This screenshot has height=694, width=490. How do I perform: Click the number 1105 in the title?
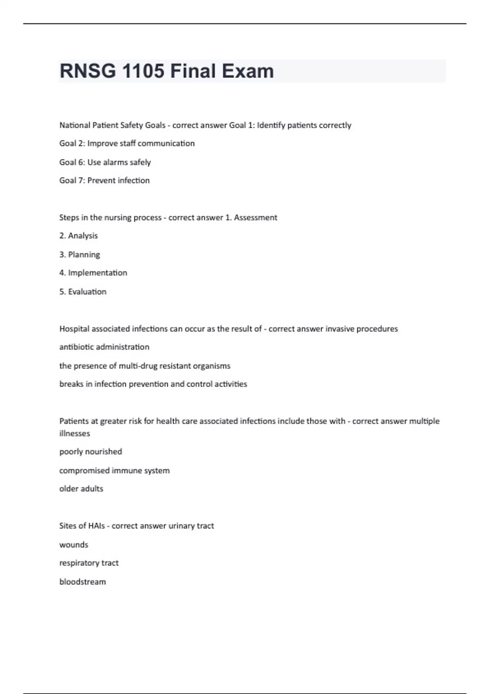pyautogui.click(x=143, y=71)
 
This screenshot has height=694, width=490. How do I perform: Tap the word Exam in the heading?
pyautogui.click(x=248, y=71)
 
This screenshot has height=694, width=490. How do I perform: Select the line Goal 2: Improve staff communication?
pyautogui.click(x=127, y=143)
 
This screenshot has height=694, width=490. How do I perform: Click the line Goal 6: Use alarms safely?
pyautogui.click(x=105, y=162)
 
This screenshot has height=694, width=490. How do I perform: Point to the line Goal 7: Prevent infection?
pyautogui.click(x=105, y=180)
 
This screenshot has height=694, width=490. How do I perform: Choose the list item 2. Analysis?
pyautogui.click(x=78, y=236)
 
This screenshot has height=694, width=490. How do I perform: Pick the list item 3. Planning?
pyautogui.click(x=80, y=254)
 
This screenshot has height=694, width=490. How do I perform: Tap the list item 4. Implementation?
pyautogui.click(x=93, y=273)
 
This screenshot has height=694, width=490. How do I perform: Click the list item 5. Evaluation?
pyautogui.click(x=83, y=291)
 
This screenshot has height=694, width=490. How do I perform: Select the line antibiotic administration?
pyautogui.click(x=104, y=347)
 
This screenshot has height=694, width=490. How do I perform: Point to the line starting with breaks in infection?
pyautogui.click(x=153, y=384)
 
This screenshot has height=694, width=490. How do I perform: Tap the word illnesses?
pyautogui.click(x=75, y=434)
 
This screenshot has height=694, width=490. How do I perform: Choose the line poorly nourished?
pyautogui.click(x=91, y=452)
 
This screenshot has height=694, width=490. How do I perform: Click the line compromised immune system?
pyautogui.click(x=114, y=470)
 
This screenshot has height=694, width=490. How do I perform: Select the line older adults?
pyautogui.click(x=81, y=489)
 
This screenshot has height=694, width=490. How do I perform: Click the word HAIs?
pyautogui.click(x=96, y=526)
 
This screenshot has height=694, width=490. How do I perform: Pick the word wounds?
pyautogui.click(x=73, y=545)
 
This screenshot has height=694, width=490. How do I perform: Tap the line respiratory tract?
pyautogui.click(x=89, y=563)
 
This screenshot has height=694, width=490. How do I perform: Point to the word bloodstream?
pyautogui.click(x=82, y=582)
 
